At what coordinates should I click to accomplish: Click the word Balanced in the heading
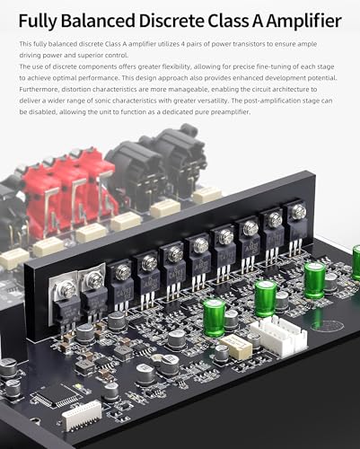(99, 21)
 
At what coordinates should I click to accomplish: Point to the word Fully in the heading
(39, 22)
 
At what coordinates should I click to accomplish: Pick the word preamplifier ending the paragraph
(230, 112)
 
